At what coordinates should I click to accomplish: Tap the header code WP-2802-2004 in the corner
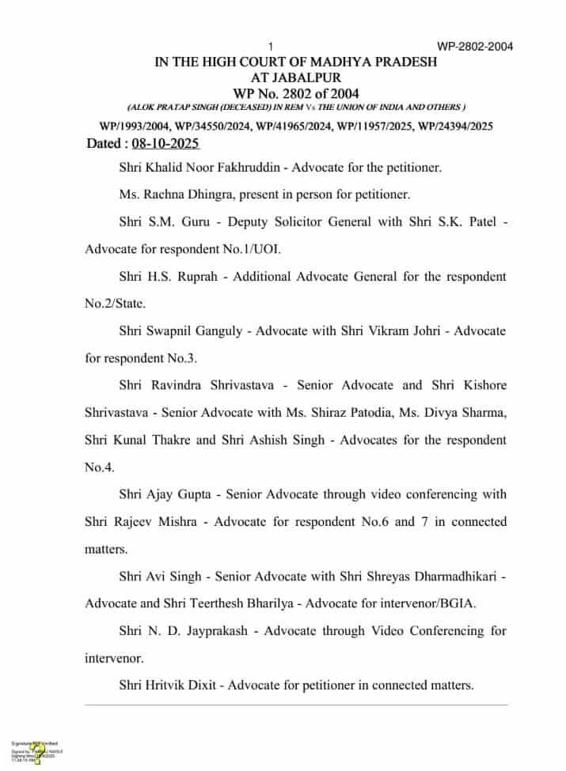tap(475, 46)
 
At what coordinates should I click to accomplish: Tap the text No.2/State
tap(111, 304)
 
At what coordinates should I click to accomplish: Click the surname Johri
tap(438, 331)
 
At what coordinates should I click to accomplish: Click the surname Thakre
tap(188, 440)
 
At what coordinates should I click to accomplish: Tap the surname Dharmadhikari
tap(443, 576)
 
